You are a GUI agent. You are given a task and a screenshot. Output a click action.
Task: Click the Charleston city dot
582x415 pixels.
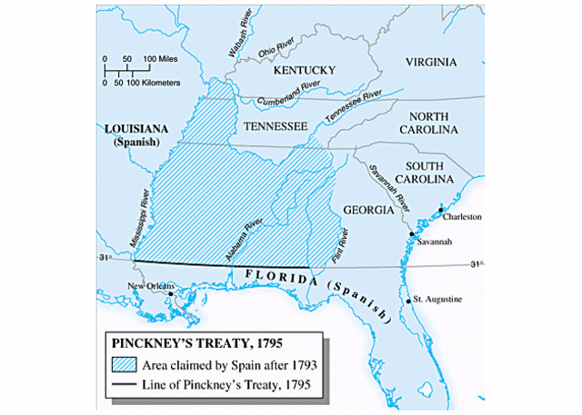(442, 210)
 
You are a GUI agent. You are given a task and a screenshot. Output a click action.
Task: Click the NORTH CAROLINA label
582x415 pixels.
(436, 124)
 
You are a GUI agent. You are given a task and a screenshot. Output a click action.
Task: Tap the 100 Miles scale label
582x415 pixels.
(160, 58)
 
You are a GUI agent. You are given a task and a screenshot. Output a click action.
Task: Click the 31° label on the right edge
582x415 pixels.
(475, 264)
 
